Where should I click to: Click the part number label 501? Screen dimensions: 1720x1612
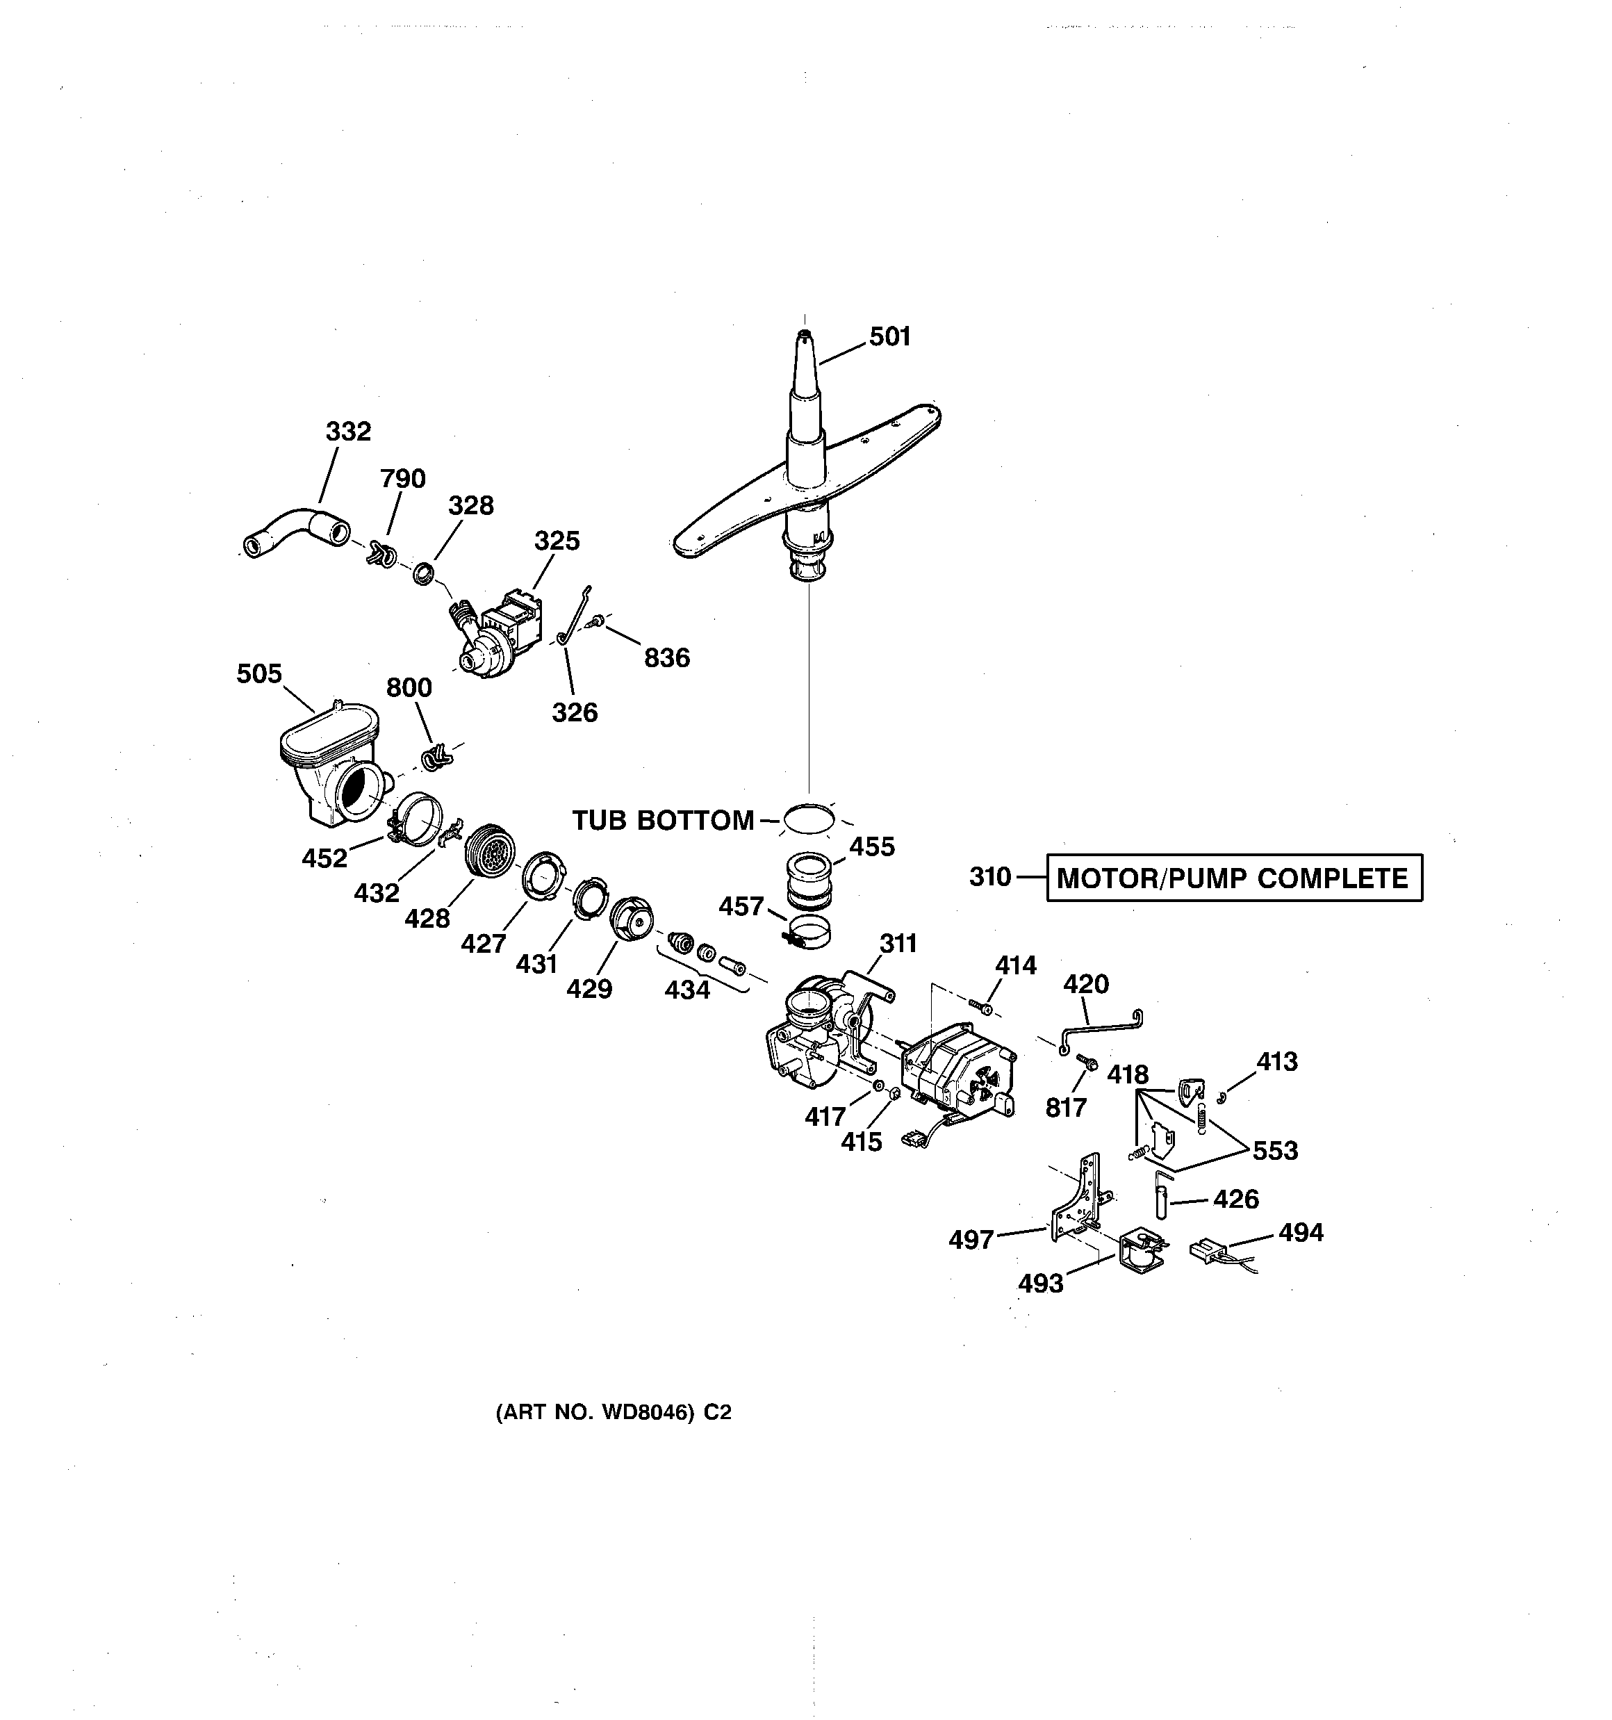(x=889, y=336)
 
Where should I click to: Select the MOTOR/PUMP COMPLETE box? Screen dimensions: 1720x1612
(x=1233, y=878)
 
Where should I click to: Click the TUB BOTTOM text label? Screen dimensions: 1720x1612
(x=663, y=820)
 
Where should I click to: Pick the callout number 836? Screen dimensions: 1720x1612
(x=666, y=658)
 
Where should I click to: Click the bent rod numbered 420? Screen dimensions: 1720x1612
(x=1100, y=1027)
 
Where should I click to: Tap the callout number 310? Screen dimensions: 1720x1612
(x=990, y=877)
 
